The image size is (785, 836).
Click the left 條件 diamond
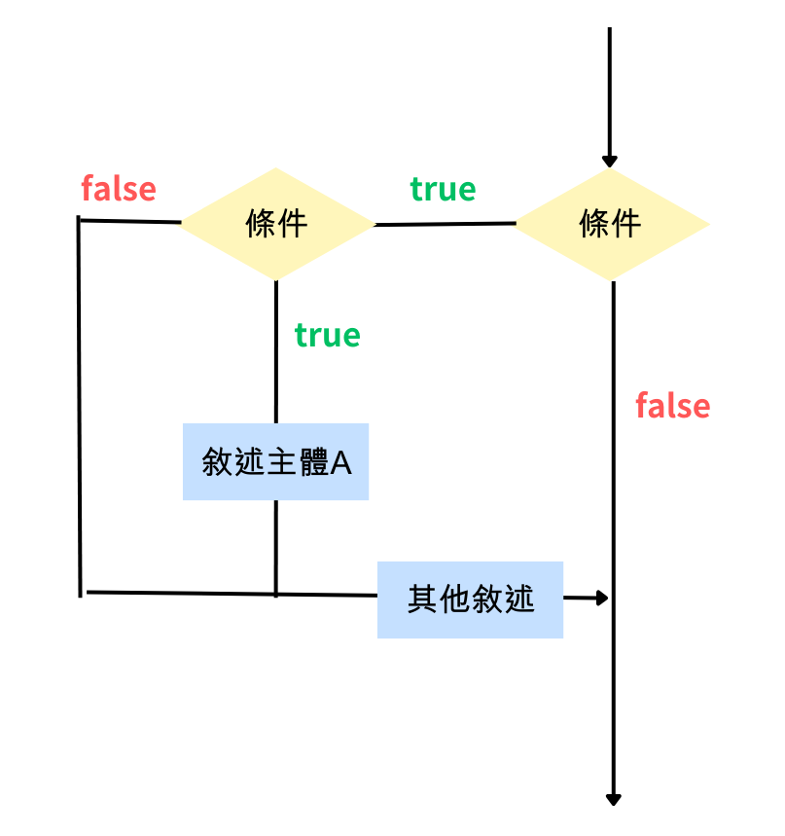pos(277,224)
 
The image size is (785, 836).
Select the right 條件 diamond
pos(611,225)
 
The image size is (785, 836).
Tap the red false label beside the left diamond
pos(119,188)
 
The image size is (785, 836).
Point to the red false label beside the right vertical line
pos(672,405)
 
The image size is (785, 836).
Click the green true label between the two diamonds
pos(443,189)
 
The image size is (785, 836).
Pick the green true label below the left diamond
pos(327,335)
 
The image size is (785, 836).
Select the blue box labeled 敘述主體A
pos(275,461)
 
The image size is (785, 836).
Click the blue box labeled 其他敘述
pos(470,600)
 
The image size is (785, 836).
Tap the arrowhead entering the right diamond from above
pos(610,161)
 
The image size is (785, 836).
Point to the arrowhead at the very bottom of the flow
pos(613,798)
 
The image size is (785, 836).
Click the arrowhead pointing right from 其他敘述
pos(601,598)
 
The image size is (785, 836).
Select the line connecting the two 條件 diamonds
pos(445,225)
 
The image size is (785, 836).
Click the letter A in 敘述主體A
pos(340,462)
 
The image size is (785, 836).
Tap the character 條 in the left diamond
pos(261,224)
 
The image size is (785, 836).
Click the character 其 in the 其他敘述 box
pos(422,600)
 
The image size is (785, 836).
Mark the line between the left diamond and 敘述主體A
pos(276,350)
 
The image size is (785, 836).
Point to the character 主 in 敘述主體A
pos(279,462)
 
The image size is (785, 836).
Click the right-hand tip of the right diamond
pos(706,225)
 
